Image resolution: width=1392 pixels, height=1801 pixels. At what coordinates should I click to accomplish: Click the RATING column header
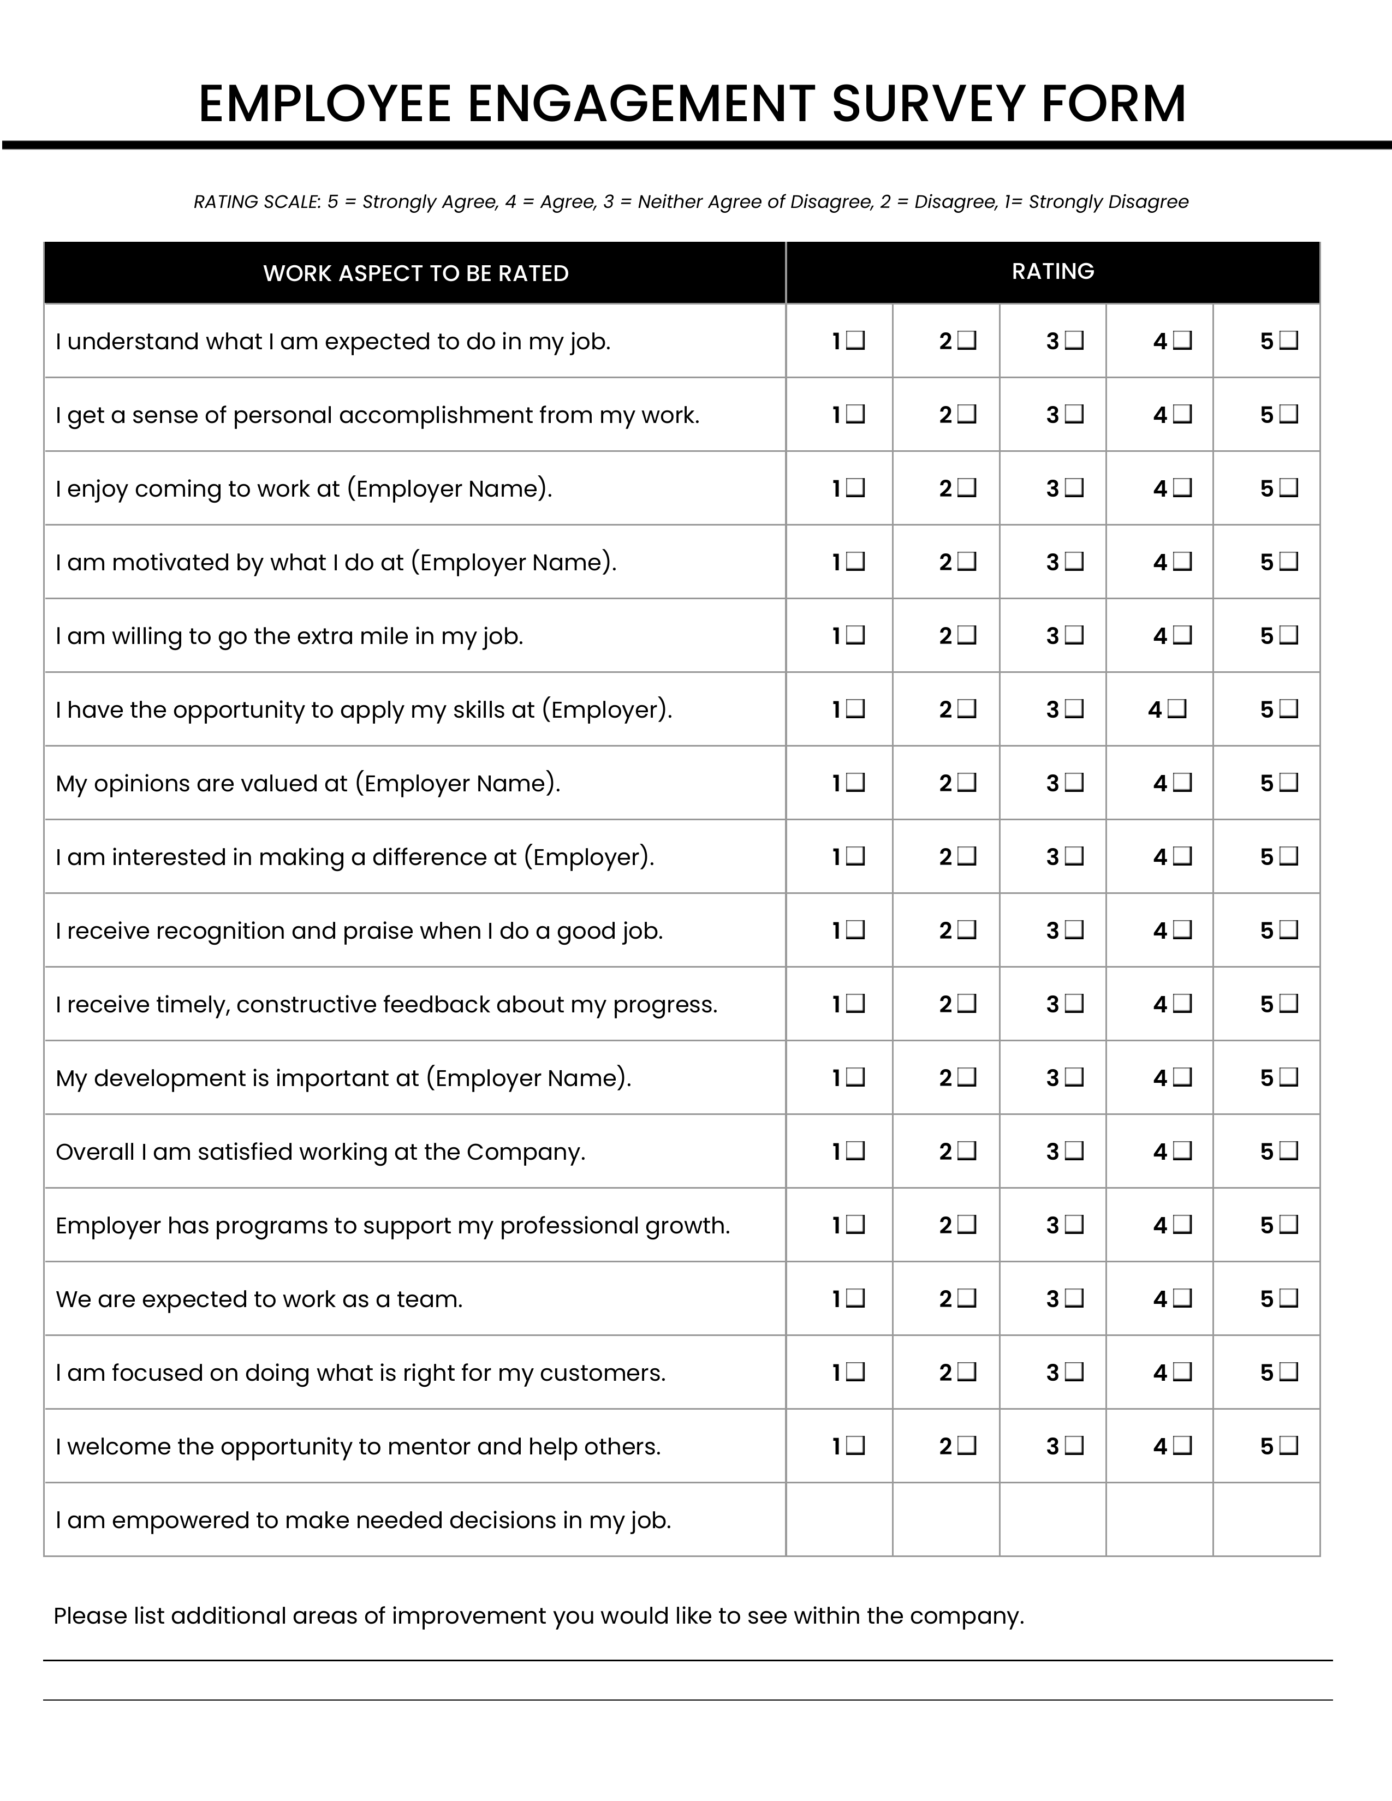point(1052,271)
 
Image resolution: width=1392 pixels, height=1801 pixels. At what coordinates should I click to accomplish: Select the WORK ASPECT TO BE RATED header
point(415,273)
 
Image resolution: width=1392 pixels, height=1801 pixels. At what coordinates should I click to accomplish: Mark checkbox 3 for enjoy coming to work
point(1074,488)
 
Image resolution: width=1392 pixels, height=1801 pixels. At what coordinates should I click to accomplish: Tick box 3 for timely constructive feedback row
point(1074,1004)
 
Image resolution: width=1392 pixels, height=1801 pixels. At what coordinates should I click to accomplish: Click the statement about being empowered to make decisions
point(363,1520)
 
